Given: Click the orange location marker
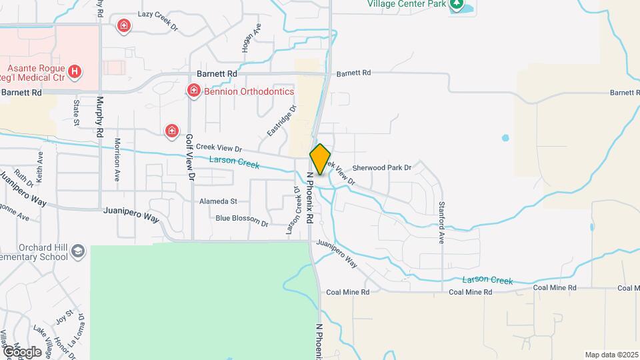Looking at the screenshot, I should coord(320,159).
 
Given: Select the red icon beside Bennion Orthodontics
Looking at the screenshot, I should coord(194,90).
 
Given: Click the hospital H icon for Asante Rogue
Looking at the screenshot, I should coord(75,71).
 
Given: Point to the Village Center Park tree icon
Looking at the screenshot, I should coord(457,5).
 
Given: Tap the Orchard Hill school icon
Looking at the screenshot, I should coord(79,251).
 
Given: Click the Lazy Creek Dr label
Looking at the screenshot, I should coord(158,14).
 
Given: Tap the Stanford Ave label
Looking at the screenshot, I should coord(441,222).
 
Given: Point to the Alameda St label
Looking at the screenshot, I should coord(218,201).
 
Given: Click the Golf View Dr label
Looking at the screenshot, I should coord(190,158).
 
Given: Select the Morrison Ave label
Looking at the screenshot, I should coord(117,160).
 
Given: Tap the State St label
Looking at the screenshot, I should coord(77,112).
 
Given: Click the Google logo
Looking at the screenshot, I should coord(21,351).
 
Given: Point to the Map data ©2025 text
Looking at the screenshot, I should coord(611,355).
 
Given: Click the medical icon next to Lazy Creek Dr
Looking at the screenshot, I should coord(123,26).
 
